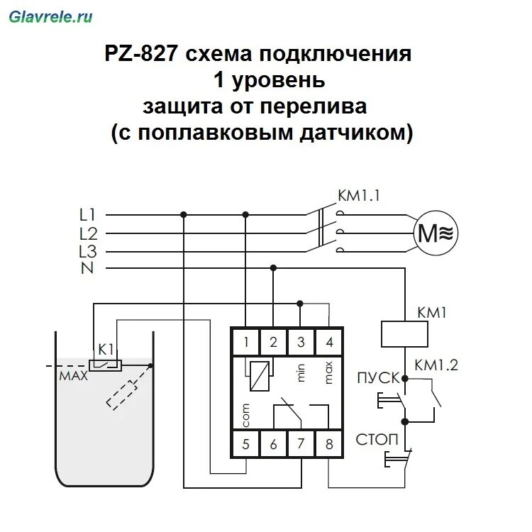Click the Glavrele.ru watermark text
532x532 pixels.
[x=50, y=16]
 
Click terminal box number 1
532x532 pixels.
[x=245, y=342]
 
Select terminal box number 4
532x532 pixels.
[x=328, y=342]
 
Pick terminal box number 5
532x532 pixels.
[x=245, y=445]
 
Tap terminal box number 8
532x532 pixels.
[x=328, y=445]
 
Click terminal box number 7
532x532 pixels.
[x=301, y=445]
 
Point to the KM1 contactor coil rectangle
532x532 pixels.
[x=404, y=334]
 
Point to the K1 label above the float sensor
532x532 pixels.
[x=106, y=349]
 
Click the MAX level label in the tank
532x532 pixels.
[x=74, y=377]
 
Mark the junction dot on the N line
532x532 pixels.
[x=273, y=268]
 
